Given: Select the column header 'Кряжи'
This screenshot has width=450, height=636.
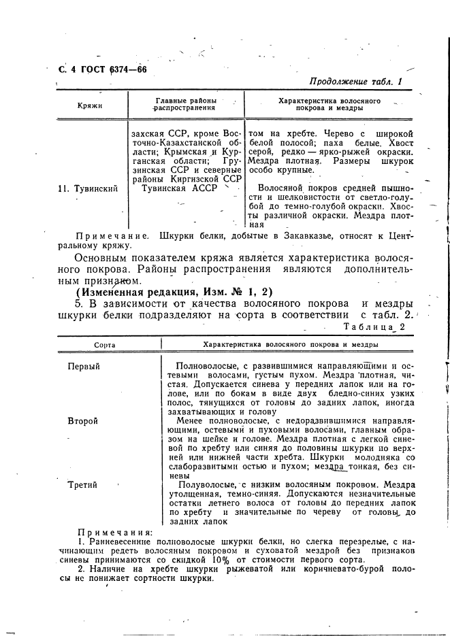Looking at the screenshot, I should [89, 106].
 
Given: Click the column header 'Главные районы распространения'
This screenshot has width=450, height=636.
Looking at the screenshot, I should [186, 104].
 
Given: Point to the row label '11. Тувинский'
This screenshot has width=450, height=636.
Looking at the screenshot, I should [88, 188].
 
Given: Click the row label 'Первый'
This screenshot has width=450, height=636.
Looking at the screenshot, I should [84, 367].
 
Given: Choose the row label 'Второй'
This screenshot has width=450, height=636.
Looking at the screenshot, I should [83, 421].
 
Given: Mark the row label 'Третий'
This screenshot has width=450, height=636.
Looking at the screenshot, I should [82, 485].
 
